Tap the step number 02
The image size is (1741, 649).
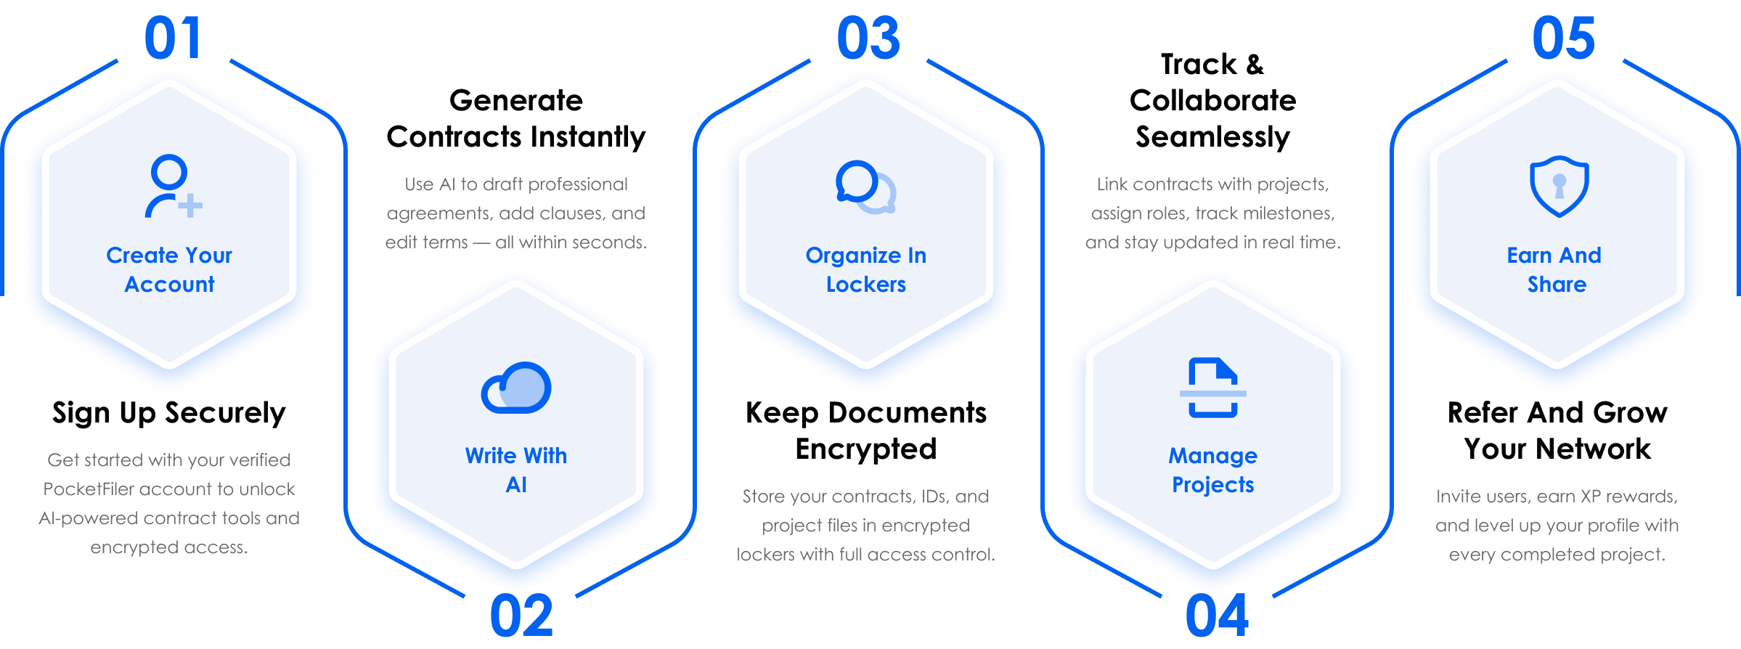[521, 616]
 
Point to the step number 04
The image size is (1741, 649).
[1217, 616]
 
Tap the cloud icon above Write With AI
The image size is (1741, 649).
[516, 388]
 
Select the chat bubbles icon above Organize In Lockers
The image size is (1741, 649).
[865, 187]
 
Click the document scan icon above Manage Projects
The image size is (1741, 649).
[1212, 388]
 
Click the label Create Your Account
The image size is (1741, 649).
[169, 269]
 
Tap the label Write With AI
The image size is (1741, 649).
[516, 470]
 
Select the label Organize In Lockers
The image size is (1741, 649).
[866, 269]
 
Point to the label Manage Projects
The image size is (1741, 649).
[1212, 470]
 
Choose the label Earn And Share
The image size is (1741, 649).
[1554, 269]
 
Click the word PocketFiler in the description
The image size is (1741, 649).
[89, 489]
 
